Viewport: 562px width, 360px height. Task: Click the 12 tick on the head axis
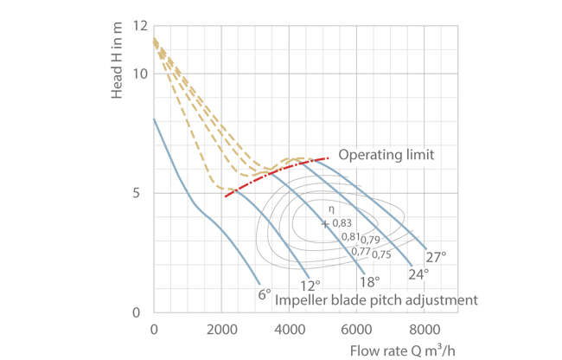point(139,25)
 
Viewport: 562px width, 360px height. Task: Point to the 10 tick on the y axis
point(139,73)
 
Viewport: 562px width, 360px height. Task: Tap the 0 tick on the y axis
point(143,312)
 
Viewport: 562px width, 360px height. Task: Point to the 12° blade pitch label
point(311,283)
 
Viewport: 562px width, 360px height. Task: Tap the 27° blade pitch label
point(437,256)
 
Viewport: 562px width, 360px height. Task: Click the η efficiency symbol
point(328,209)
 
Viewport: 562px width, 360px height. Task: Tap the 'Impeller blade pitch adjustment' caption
point(375,300)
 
